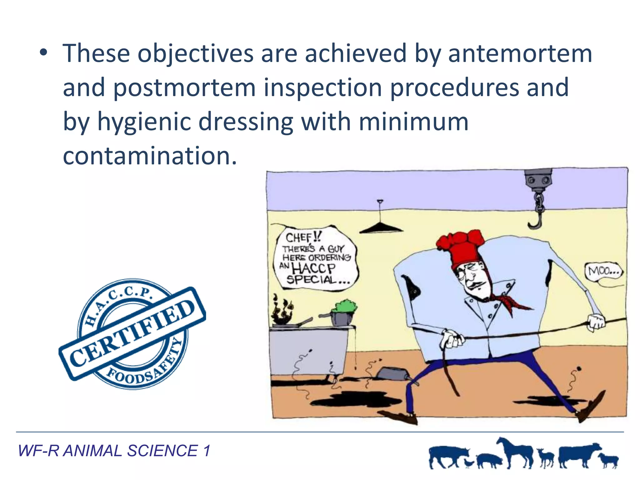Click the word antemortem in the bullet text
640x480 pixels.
pos(520,54)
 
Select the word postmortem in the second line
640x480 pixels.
pos(184,88)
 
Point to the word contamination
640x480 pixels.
pos(149,156)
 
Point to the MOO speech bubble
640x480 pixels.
pos(603,271)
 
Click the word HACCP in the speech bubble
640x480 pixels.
pos(313,268)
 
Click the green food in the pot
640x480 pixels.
pos(344,306)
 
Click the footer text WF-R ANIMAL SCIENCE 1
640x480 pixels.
pos(114,451)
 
